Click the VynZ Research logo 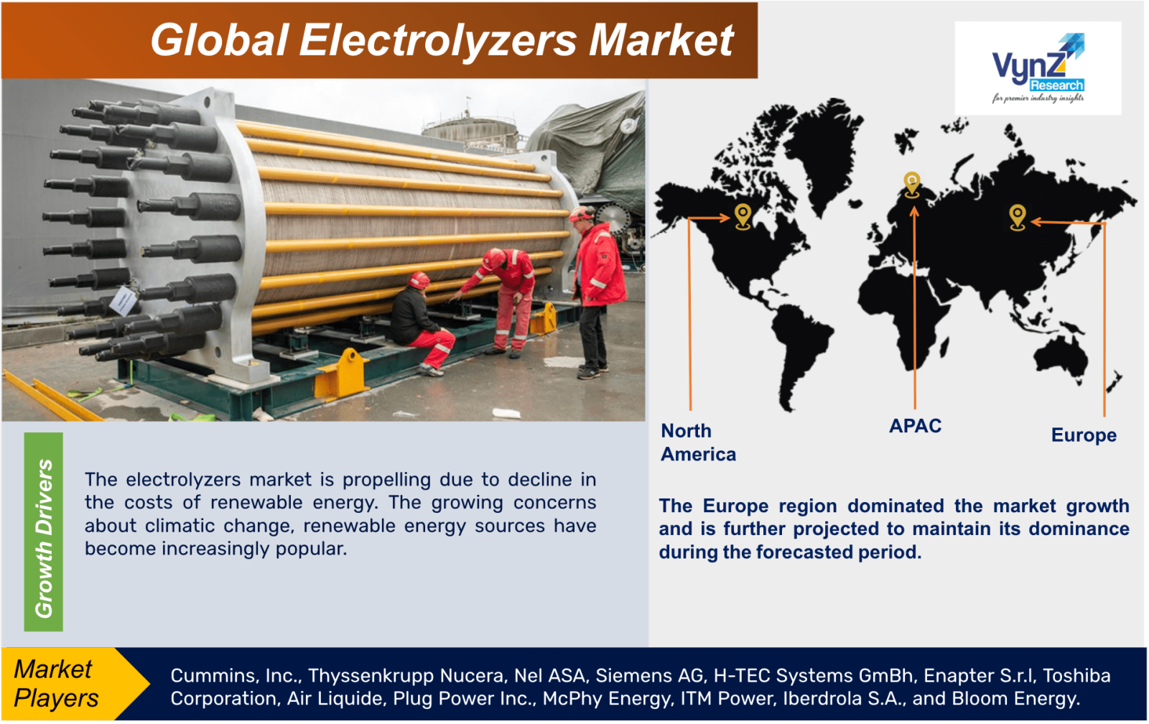point(1038,68)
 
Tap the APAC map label point(915,426)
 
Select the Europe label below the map point(1083,435)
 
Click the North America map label point(697,442)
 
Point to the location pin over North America point(743,215)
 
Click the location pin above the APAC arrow point(911,184)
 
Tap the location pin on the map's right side point(1017,216)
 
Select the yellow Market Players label point(57,683)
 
